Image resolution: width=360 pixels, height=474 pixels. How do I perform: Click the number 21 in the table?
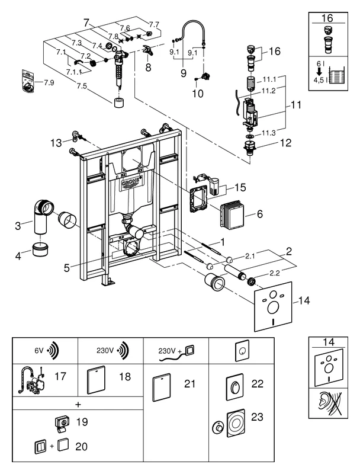(x=189, y=384)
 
